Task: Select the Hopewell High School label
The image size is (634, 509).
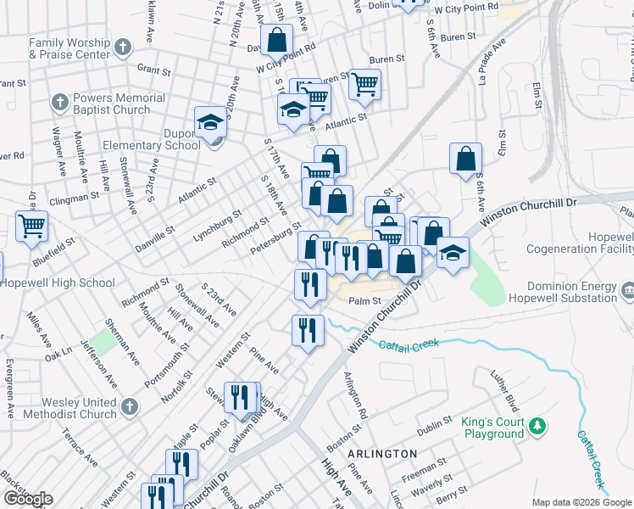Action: tap(58, 283)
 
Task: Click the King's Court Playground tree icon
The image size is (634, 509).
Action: tap(537, 424)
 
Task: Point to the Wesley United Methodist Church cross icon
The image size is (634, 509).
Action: tap(130, 406)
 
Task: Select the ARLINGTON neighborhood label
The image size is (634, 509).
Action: tap(381, 454)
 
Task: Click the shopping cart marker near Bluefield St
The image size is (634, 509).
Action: tap(31, 227)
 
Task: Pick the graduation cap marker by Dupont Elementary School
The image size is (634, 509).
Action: tap(209, 123)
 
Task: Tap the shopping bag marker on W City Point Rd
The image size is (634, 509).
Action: tap(277, 39)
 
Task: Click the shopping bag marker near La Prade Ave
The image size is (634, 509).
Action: tap(465, 158)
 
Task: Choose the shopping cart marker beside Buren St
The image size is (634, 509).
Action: tap(364, 84)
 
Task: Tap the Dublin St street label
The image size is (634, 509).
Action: tap(435, 423)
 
